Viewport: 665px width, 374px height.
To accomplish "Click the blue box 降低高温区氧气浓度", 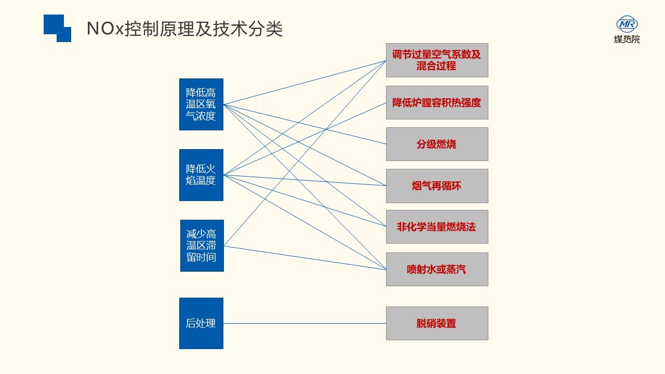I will tap(201, 104).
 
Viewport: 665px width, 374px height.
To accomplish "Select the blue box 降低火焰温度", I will tap(201, 175).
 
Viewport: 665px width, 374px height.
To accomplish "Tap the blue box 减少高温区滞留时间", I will tap(202, 246).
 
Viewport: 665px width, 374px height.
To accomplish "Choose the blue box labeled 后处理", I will tap(201, 323).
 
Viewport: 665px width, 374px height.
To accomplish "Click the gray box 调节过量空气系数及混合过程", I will tap(437, 60).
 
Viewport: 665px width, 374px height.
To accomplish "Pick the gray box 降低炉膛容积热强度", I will tap(437, 103).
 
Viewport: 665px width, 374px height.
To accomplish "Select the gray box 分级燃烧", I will tap(437, 144).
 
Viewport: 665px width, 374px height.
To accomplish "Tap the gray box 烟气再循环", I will tap(437, 186).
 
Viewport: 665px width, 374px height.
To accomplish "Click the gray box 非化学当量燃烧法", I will tap(437, 227).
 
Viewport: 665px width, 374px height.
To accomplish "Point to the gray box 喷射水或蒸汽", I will tap(437, 270).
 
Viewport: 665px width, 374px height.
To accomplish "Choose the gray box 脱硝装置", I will tap(437, 323).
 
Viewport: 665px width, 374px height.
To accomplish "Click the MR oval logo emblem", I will tap(627, 24).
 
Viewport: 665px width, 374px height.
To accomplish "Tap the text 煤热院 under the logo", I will tap(627, 39).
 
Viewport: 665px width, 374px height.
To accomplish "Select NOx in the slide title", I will tap(105, 29).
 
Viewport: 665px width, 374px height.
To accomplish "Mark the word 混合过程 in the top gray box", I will tap(436, 66).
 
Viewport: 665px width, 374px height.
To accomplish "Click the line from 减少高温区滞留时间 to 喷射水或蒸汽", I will tap(304, 258).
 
